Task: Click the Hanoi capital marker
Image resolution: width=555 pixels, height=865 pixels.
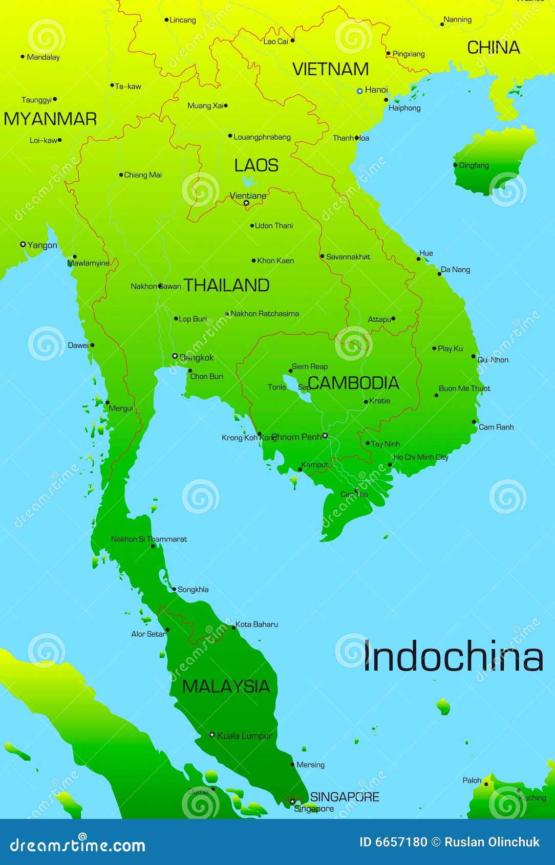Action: [x=359, y=91]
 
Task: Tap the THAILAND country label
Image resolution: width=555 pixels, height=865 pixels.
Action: [x=226, y=286]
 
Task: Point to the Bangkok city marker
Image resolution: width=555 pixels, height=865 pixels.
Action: [x=175, y=356]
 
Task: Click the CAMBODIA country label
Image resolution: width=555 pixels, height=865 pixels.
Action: [x=353, y=383]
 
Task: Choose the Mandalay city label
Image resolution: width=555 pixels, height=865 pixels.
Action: [x=43, y=57]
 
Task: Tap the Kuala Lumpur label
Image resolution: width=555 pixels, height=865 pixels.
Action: [x=245, y=736]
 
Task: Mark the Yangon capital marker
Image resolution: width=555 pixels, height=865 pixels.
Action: [x=23, y=244]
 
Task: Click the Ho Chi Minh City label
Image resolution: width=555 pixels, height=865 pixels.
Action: [x=420, y=457]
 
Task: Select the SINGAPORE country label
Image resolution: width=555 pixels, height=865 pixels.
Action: [x=345, y=796]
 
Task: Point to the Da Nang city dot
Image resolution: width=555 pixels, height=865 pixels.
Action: [x=439, y=274]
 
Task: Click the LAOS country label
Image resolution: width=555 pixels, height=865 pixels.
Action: [x=256, y=165]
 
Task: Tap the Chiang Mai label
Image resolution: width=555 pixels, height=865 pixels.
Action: [x=143, y=175]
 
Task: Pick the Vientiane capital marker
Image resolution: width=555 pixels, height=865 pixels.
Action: [x=246, y=203]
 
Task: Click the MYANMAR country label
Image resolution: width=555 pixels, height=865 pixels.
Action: [x=50, y=119]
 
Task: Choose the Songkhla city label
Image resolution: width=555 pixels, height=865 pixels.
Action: [x=193, y=590]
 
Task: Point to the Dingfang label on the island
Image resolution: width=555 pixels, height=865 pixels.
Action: [x=474, y=165]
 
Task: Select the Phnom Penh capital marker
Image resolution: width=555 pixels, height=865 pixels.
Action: [x=325, y=436]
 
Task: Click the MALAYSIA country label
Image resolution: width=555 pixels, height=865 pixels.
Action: [x=226, y=686]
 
